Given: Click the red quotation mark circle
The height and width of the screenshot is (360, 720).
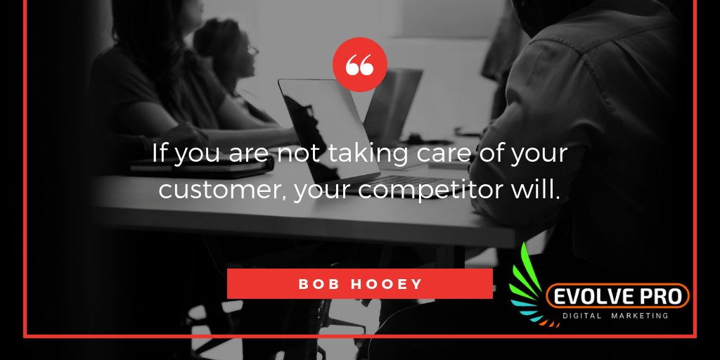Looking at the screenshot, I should tap(359, 65).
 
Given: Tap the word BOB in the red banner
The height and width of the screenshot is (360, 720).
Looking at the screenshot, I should tap(315, 284).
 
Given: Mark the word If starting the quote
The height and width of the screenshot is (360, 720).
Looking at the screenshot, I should tap(160, 154).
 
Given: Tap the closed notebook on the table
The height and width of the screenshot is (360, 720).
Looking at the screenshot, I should tap(204, 166).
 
